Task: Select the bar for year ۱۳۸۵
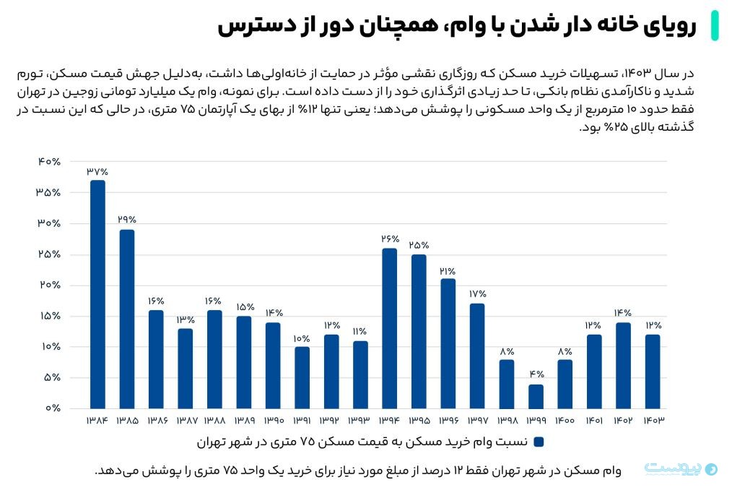(x=127, y=319)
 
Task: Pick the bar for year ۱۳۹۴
(x=390, y=328)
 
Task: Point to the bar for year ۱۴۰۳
(x=653, y=371)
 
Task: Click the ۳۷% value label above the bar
(x=97, y=172)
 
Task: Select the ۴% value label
(x=536, y=374)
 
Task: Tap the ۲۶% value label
(x=390, y=238)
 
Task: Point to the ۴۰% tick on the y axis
(x=49, y=162)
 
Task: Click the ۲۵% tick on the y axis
(x=49, y=254)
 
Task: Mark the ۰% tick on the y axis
(x=52, y=408)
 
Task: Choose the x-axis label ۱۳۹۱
(x=302, y=421)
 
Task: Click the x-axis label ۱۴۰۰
(x=565, y=421)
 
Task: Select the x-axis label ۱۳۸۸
(x=214, y=421)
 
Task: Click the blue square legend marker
(x=539, y=441)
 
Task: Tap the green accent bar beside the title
(x=714, y=25)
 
